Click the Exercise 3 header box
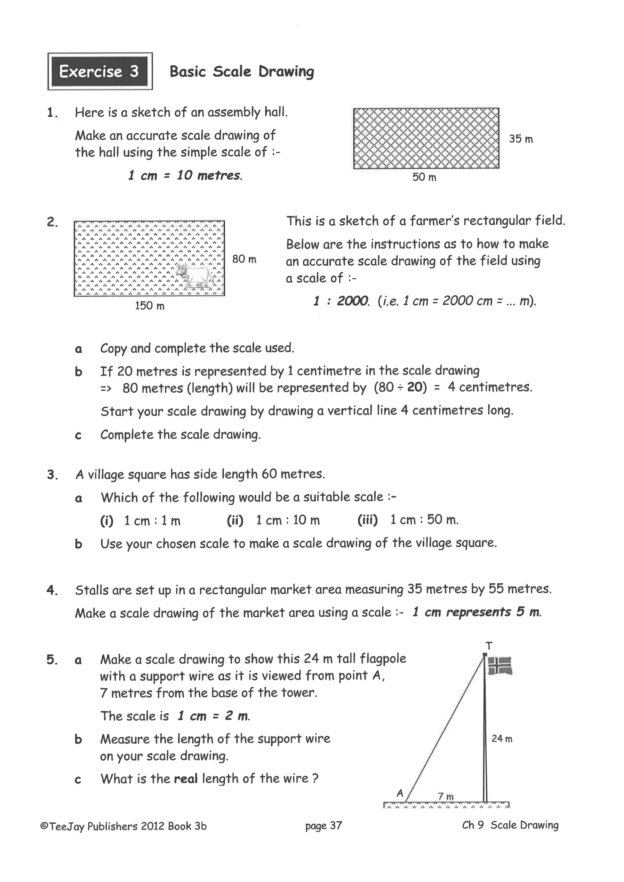coord(100,72)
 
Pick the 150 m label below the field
coord(150,306)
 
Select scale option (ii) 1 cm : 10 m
coord(273,520)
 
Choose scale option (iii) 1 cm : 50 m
coord(408,520)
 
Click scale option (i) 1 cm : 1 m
coord(140,521)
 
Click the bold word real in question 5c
coord(186,779)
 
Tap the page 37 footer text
coord(324,826)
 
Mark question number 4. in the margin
coord(52,591)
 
